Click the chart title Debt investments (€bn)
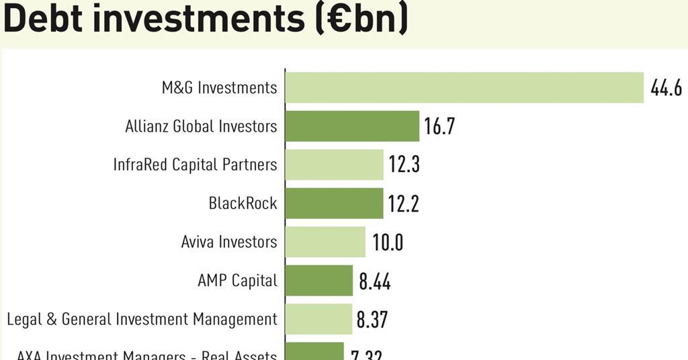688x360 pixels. (x=205, y=19)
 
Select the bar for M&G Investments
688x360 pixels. (x=464, y=87)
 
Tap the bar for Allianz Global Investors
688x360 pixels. (x=352, y=126)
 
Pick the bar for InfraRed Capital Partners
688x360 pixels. (x=334, y=165)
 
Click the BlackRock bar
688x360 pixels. (x=334, y=204)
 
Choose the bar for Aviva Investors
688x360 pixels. (x=325, y=242)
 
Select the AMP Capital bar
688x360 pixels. (x=319, y=280)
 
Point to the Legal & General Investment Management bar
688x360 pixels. (x=318, y=319)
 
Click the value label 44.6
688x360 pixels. (x=666, y=88)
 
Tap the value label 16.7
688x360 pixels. (x=439, y=126)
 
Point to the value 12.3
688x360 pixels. (x=404, y=165)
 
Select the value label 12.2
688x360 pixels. (x=403, y=204)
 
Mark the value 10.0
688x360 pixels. (x=388, y=242)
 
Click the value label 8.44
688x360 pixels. (x=374, y=281)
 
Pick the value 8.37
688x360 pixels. (x=372, y=320)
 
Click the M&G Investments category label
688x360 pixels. (x=219, y=87)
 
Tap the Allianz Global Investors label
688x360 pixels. (x=201, y=126)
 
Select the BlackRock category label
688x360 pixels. (x=243, y=204)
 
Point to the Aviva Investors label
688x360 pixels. (x=229, y=242)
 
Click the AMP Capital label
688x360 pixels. (x=237, y=280)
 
